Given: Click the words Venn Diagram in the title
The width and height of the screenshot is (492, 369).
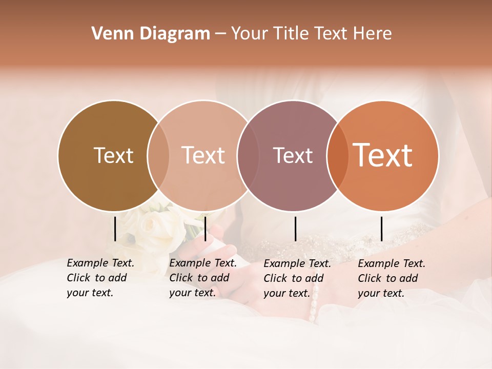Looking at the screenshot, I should pyautogui.click(x=151, y=34).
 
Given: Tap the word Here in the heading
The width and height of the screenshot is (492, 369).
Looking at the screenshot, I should pyautogui.click(x=373, y=34).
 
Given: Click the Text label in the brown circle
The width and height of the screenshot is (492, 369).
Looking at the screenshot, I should pyautogui.click(x=113, y=156).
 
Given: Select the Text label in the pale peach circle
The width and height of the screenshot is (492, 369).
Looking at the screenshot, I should pyautogui.click(x=203, y=156).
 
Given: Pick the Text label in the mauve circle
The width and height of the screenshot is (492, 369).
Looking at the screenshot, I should pyautogui.click(x=293, y=156).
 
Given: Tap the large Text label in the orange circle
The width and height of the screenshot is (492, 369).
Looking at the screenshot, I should pyautogui.click(x=382, y=156).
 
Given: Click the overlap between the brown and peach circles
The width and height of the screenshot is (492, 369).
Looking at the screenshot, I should pyautogui.click(x=158, y=156).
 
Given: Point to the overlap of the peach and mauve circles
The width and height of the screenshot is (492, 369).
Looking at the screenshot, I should pyautogui.click(x=247, y=156).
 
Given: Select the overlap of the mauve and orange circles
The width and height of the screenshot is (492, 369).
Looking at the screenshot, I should pyautogui.click(x=335, y=156).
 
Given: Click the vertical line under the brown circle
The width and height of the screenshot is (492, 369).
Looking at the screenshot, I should pyautogui.click(x=115, y=229).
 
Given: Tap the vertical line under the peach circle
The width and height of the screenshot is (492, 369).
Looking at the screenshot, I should pyautogui.click(x=205, y=229).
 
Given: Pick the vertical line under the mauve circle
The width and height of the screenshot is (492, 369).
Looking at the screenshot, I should pyautogui.click(x=296, y=229).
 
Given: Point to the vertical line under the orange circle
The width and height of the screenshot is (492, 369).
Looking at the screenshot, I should pyautogui.click(x=382, y=229).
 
